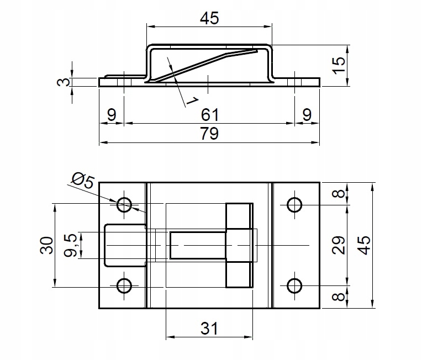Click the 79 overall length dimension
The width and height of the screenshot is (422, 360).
pos(210,134)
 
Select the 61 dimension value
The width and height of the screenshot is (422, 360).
pos(210,115)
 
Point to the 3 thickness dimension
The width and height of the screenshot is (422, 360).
pos(64,82)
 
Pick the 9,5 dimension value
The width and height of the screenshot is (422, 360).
pos(70,245)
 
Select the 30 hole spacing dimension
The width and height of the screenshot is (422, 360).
pos(46,245)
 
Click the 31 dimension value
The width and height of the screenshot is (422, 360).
pos(209,328)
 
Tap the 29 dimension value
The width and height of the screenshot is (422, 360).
pos(338,245)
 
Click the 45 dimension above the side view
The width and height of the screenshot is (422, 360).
pos(210,18)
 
